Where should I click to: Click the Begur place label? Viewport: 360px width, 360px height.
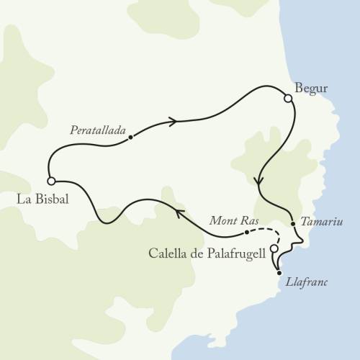(x=312, y=89)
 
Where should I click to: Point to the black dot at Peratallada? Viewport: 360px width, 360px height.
(x=130, y=136)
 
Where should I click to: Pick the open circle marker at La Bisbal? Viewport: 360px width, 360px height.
(x=51, y=181)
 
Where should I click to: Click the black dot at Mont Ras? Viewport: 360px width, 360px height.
(x=246, y=233)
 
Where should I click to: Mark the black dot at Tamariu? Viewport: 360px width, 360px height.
(x=293, y=225)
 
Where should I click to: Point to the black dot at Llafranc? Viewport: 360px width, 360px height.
(x=279, y=274)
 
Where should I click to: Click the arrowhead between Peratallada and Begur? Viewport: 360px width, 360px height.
(x=173, y=122)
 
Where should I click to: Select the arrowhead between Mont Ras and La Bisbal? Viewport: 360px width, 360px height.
(x=176, y=210)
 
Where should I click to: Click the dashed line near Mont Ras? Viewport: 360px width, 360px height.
(x=266, y=233)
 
